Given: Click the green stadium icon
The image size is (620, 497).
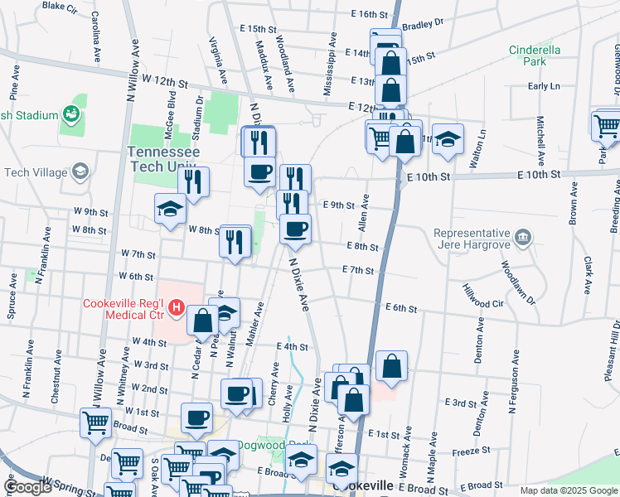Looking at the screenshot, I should click(x=71, y=115).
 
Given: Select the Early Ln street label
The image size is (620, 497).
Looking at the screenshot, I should click(x=544, y=86).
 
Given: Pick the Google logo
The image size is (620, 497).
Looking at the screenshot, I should click(x=28, y=487).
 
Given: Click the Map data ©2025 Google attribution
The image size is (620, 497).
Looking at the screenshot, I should click(x=568, y=490).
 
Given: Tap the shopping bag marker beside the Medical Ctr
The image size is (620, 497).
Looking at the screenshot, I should click(x=202, y=321).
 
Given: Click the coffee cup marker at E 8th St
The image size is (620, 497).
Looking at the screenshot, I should click(x=295, y=229).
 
